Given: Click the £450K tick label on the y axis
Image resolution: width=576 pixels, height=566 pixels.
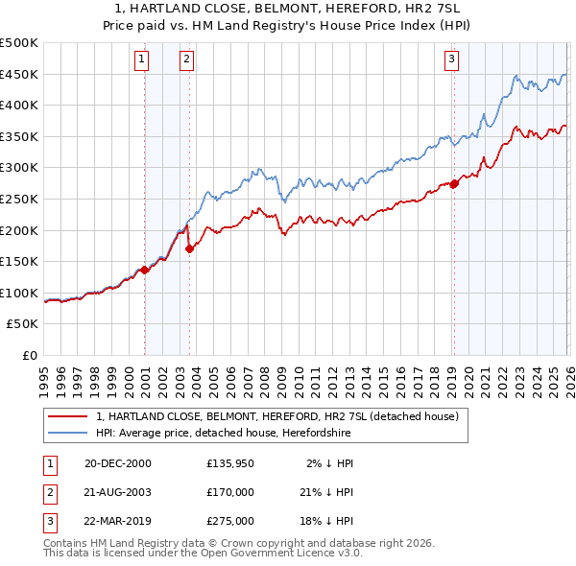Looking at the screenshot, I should pos(18,75).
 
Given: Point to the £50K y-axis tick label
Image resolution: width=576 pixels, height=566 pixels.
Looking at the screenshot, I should pos(22,324).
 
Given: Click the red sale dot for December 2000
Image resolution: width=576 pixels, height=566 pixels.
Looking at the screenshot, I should pos(145,270).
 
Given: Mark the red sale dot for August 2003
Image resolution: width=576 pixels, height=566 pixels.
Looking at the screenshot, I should pos(189,248).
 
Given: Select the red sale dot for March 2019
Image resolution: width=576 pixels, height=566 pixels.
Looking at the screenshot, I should pos(454,183).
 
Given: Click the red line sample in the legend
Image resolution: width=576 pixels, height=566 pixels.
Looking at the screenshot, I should pos(68,416).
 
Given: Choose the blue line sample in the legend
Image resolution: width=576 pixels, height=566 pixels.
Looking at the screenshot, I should pos(68,432).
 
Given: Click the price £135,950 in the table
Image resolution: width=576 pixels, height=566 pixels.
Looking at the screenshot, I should pos(230,463).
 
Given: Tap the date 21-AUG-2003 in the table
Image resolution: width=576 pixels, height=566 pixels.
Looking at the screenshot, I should pos(118,492).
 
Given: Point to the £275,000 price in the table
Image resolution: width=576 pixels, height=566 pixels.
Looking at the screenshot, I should pos(230,521).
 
